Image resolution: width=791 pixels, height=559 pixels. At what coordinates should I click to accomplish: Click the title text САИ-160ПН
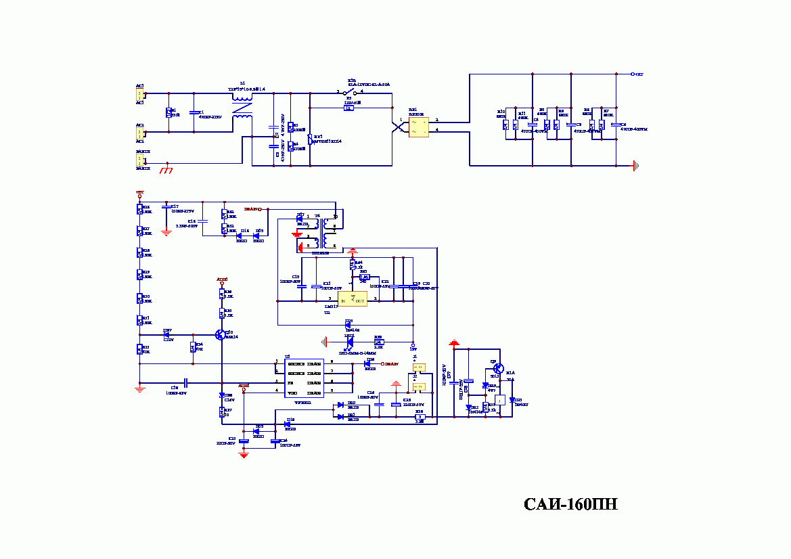(570, 505)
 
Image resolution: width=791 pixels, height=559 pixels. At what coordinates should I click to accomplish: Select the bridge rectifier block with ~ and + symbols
(418, 126)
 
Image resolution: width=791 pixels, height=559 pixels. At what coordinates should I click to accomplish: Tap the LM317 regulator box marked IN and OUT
(353, 298)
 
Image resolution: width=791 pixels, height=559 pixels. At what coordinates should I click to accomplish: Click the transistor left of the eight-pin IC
(221, 334)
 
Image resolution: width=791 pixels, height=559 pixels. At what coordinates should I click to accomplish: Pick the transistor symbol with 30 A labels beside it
(498, 369)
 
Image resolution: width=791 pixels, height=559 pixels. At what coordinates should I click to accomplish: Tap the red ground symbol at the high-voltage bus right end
(635, 165)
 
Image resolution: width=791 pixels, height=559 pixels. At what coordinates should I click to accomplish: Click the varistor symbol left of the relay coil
(310, 139)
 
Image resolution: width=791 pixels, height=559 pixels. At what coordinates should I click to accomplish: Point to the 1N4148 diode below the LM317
(348, 326)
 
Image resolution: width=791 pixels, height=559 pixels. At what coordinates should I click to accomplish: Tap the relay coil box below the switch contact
(348, 108)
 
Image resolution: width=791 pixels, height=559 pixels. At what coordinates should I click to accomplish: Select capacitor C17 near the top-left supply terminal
(166, 206)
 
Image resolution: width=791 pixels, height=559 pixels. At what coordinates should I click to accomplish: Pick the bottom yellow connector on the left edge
(140, 160)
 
